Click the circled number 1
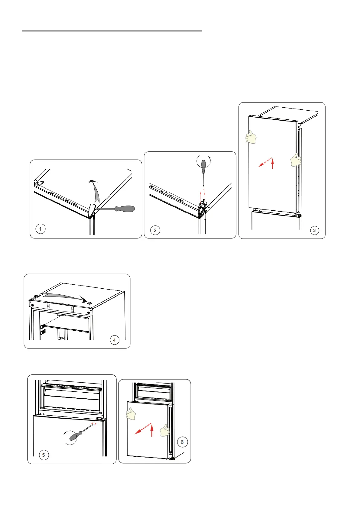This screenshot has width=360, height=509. tap(41, 229)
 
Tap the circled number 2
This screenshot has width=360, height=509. tap(155, 230)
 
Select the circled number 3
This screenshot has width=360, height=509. tap(315, 230)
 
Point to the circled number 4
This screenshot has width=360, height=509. tap(114, 340)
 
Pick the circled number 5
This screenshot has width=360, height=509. tap(44, 455)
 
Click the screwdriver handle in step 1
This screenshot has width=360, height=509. tap(125, 209)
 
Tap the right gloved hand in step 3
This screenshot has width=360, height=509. tap(296, 160)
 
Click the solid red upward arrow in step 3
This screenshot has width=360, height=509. tap(273, 164)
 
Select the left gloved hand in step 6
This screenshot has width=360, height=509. tap(131, 413)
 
